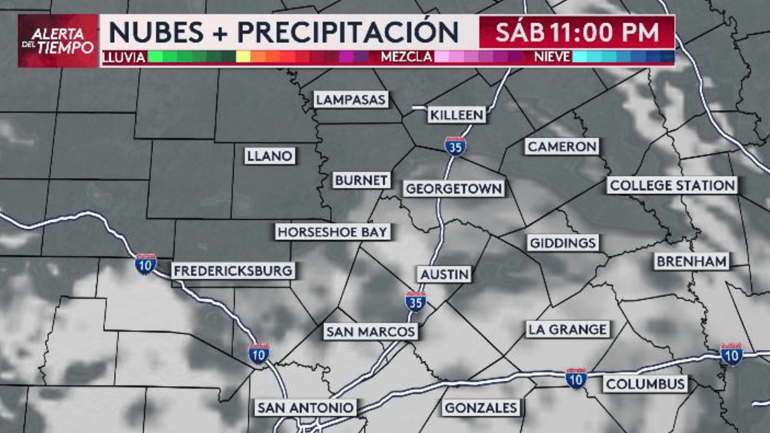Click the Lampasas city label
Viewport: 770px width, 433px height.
[351, 99]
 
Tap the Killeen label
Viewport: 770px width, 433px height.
[457, 115]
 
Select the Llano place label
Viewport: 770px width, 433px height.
[270, 156]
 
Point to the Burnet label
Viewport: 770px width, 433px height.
[362, 180]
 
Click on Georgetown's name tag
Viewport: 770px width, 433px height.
[454, 188]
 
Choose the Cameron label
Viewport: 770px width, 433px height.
[562, 146]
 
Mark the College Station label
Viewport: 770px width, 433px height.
[672, 185]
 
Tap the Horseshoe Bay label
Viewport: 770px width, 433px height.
[333, 232]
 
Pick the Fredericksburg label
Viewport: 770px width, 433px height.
[233, 271]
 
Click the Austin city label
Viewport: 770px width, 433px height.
[445, 274]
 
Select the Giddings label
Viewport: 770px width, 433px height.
[563, 243]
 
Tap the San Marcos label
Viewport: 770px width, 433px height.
[370, 331]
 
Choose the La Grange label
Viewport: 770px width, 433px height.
[567, 329]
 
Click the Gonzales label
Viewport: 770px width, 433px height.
[481, 408]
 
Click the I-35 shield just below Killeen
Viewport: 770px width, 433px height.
[455, 146]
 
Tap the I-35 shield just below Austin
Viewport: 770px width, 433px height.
[415, 301]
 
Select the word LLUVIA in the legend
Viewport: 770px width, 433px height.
[125, 58]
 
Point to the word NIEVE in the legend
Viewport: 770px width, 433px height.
[552, 58]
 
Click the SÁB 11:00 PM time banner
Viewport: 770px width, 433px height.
[576, 32]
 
